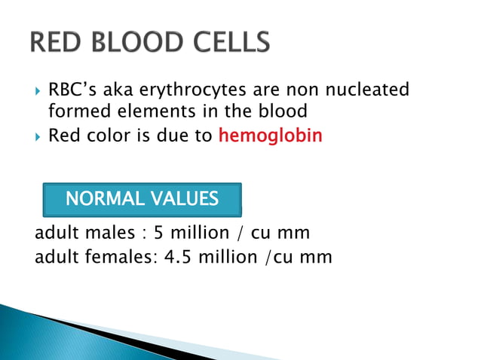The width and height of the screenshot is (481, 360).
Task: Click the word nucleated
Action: (368, 90)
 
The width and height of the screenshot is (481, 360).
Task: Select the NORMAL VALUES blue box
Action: (142, 200)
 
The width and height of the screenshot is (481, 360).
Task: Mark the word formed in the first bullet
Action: (72, 112)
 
